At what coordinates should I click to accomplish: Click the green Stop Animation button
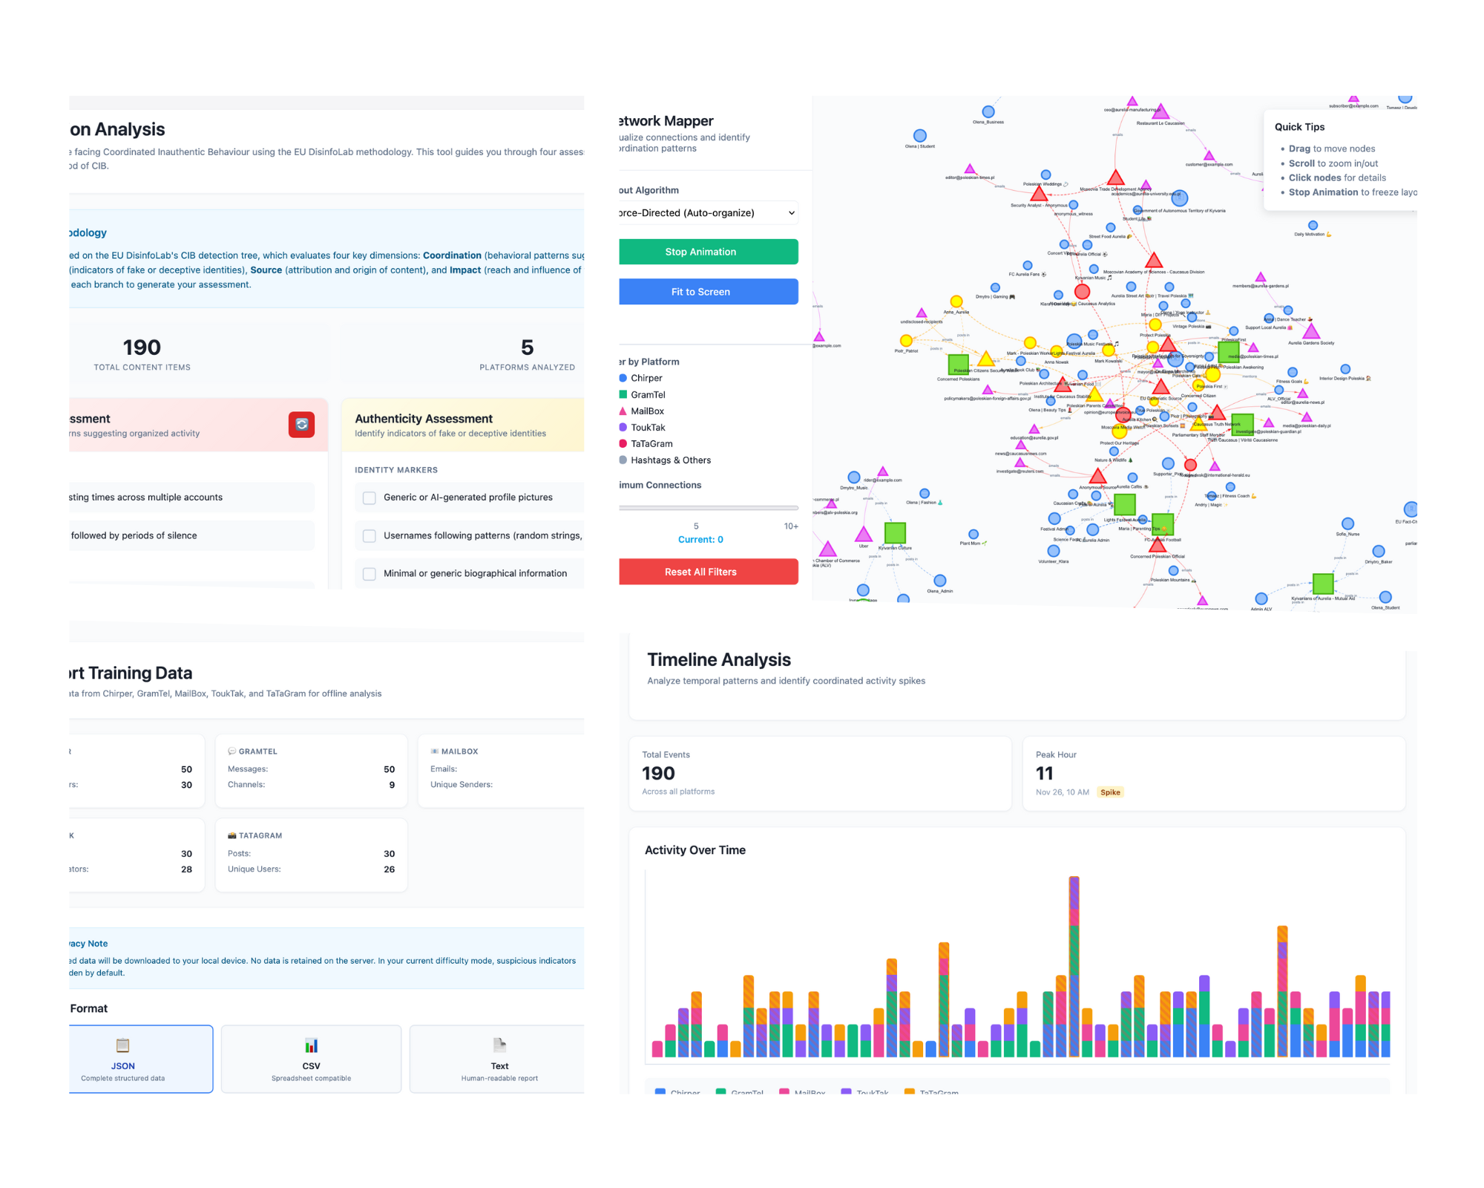708,252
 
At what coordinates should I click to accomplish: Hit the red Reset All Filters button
708,572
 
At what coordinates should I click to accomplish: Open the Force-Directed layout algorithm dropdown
708,213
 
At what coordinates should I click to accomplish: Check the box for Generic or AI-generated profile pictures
369,497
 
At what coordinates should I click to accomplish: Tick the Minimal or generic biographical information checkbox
369,573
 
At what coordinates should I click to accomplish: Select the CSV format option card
311,1058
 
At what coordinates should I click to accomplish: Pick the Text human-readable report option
499,1058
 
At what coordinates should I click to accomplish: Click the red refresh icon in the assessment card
301,425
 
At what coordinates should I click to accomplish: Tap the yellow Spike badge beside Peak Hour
1110,792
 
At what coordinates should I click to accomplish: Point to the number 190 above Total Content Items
142,347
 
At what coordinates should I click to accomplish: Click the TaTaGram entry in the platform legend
651,444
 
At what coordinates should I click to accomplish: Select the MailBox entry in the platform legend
646,411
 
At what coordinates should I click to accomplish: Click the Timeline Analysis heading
718,659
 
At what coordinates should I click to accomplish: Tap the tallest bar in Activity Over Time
1074,965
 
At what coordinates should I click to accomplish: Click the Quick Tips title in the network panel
1299,127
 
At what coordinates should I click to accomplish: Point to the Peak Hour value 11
1044,774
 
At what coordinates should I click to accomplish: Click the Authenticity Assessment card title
424,419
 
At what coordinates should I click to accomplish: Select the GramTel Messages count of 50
389,769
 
